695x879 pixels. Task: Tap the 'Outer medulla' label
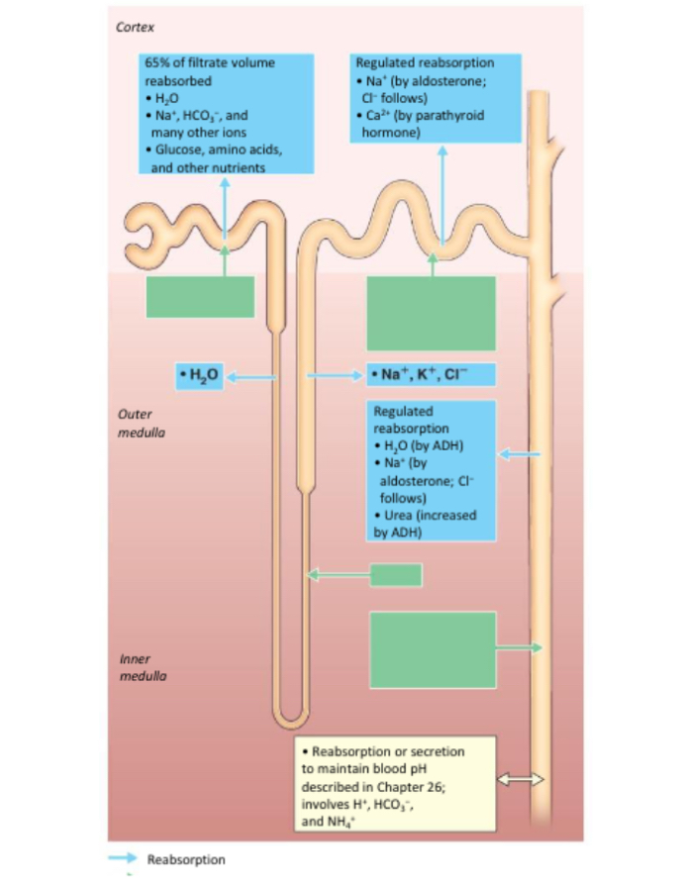(135, 424)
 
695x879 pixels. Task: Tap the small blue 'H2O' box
(200, 375)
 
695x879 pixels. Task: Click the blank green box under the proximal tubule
(200, 297)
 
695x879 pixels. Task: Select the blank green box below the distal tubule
(431, 312)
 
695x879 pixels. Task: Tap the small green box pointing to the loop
(396, 574)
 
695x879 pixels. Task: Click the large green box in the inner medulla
(433, 649)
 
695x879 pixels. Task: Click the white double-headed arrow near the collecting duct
(520, 779)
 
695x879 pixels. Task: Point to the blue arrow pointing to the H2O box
(252, 376)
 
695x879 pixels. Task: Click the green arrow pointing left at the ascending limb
(337, 573)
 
